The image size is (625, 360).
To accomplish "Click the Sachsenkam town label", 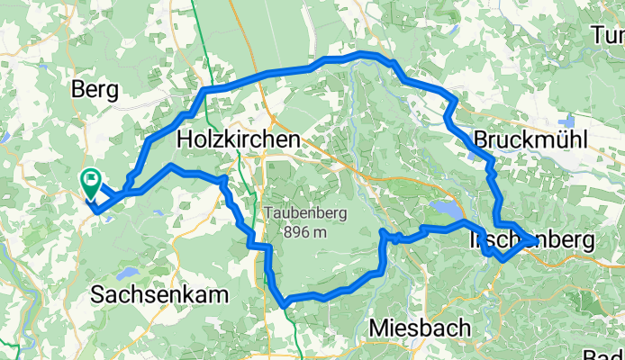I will [159, 294].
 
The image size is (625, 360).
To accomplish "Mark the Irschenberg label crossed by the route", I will [531, 241].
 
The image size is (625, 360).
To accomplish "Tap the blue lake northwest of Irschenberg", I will [446, 209].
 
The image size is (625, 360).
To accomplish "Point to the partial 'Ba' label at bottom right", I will [614, 355].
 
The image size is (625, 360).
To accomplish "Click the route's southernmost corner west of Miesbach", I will [285, 304].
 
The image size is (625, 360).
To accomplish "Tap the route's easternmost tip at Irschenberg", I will [534, 241].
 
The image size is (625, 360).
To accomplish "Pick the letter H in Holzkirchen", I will [186, 140].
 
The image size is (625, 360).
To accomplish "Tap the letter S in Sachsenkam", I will [98, 294].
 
